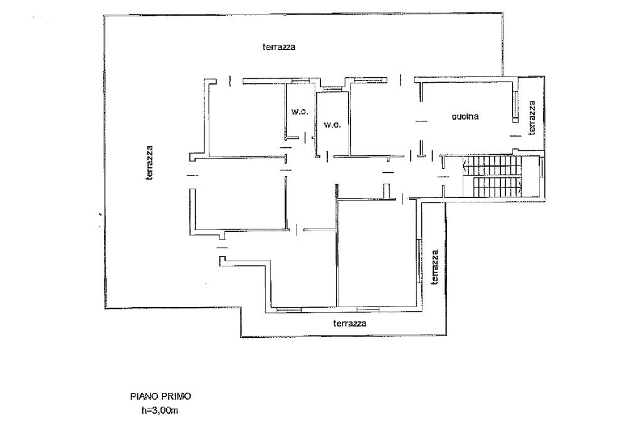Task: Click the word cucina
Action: [x=465, y=117]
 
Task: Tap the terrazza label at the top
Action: [x=279, y=47]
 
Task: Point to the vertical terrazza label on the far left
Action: [x=149, y=163]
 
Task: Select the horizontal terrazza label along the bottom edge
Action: [x=350, y=323]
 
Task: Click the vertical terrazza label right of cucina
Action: [x=532, y=118]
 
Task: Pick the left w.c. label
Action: [x=298, y=112]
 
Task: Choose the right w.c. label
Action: [x=332, y=125]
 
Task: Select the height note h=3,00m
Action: [x=159, y=411]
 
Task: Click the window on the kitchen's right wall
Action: [x=515, y=105]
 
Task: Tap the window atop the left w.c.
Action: [x=300, y=80]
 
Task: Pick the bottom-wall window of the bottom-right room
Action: [x=368, y=308]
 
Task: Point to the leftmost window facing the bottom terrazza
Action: [x=288, y=308]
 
